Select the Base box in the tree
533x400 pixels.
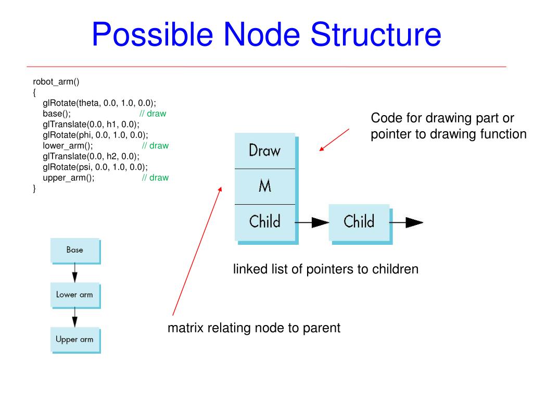click(75, 251)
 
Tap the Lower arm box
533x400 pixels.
click(75, 295)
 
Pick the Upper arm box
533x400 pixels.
click(75, 340)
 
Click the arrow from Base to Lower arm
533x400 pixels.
click(75, 272)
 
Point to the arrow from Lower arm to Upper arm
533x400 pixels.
click(75, 317)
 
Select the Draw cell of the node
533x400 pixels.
click(265, 151)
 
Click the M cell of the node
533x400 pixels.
click(265, 186)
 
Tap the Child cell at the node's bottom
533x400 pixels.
click(265, 222)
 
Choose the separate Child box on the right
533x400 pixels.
click(359, 222)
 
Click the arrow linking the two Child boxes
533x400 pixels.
click(312, 222)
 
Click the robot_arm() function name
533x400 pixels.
click(56, 82)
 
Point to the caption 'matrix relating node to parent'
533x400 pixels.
click(253, 328)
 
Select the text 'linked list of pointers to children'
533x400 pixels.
click(326, 269)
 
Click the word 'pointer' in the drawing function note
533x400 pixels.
click(388, 134)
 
